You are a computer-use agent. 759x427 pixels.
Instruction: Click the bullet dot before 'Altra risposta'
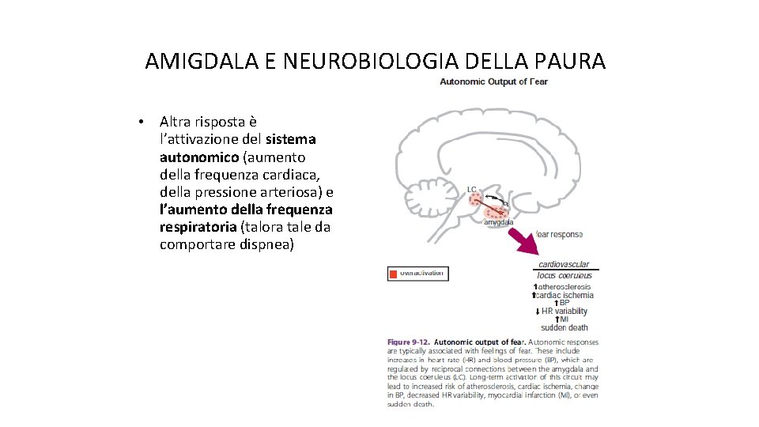click(139, 122)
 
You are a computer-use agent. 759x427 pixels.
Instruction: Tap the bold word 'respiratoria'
click(198, 227)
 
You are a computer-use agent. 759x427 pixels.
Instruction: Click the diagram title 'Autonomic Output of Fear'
click(493, 81)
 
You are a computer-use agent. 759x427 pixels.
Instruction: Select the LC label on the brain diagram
click(472, 189)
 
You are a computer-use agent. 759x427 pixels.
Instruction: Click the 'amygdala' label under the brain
click(499, 222)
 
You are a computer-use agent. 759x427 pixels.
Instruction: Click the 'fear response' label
click(558, 234)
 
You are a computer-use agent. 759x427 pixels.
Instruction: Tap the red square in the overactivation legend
click(393, 274)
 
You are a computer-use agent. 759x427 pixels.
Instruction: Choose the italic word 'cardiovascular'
click(564, 265)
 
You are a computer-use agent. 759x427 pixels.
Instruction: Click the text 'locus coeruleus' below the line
click(564, 275)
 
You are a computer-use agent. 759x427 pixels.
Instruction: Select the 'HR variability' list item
click(565, 311)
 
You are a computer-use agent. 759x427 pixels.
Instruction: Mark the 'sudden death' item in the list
click(565, 327)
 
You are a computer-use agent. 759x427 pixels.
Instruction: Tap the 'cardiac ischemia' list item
click(565, 294)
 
